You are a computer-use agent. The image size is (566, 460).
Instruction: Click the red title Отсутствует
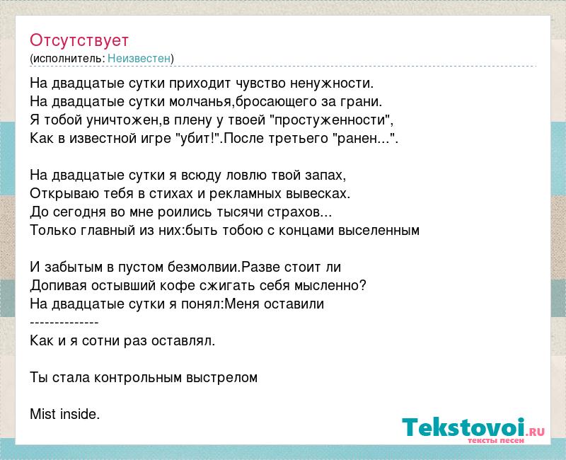79,40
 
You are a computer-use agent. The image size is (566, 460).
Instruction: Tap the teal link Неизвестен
139,58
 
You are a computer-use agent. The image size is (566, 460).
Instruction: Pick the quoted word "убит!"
197,138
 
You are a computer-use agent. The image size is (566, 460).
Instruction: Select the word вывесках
318,193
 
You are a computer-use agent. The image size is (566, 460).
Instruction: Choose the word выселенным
379,231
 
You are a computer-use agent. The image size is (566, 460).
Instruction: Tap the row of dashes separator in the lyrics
64,323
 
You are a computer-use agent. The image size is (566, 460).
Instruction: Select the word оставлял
183,341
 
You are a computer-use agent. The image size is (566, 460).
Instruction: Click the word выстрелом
221,378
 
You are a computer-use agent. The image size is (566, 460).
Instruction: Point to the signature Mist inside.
64,414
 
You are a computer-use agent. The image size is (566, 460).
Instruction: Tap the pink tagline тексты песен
496,441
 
